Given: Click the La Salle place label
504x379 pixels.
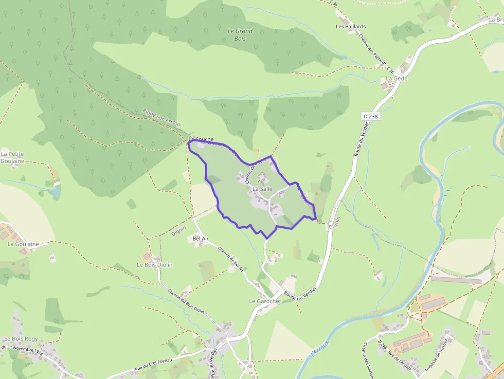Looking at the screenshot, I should [x=262, y=189].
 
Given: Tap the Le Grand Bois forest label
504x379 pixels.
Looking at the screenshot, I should [x=240, y=34].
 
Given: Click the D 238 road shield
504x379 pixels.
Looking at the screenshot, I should [x=370, y=117].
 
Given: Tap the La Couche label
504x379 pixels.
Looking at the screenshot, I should [x=201, y=139].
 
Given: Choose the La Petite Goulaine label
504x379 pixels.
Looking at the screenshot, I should [x=13, y=157].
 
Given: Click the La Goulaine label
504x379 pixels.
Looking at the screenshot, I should [x=24, y=244].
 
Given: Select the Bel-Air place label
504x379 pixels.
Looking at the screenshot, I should [x=201, y=239].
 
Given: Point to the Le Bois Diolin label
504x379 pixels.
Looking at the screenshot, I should [x=154, y=265].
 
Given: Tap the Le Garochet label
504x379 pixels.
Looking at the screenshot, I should [x=265, y=301].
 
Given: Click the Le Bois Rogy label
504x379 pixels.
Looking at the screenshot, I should [x=21, y=339].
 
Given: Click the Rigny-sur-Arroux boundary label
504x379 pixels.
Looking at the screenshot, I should [x=162, y=118].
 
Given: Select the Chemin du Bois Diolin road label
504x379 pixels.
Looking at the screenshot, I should [x=186, y=301].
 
